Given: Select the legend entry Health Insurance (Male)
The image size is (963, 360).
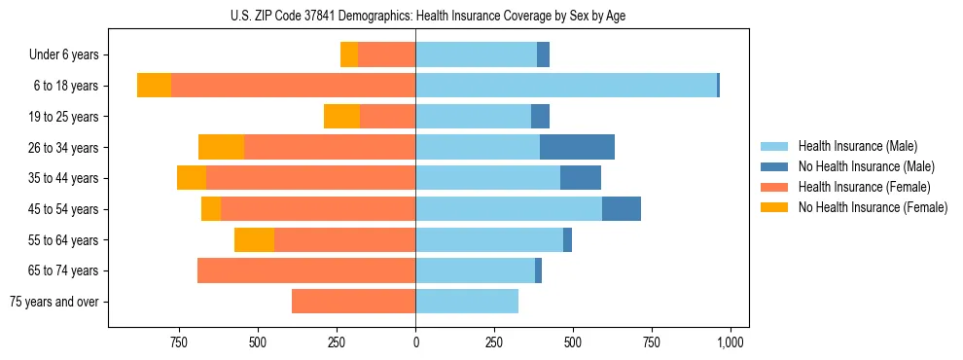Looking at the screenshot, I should coord(857,146).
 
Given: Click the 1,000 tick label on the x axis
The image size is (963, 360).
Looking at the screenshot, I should coord(730,343).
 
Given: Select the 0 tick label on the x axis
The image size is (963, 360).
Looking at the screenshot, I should coord(415,343).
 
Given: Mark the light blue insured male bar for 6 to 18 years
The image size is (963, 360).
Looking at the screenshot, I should coord(566,86).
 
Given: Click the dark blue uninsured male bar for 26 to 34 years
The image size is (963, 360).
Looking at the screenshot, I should coord(577,147).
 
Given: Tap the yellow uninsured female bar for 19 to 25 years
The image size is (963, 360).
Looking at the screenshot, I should coord(341,117).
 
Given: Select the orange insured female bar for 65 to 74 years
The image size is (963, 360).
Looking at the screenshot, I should coord(306,270).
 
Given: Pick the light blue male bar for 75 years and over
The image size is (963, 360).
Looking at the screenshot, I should coord(467,302).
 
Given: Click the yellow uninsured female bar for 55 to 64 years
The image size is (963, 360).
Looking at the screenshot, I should coord(254,240).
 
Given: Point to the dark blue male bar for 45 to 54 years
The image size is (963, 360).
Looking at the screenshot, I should coord(622,209).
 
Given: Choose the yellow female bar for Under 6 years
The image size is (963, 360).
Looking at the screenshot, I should coord(348,55).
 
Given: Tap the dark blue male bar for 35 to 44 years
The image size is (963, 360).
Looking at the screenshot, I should coord(581,178).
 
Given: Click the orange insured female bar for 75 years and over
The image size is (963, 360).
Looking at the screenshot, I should coord(353,302).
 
